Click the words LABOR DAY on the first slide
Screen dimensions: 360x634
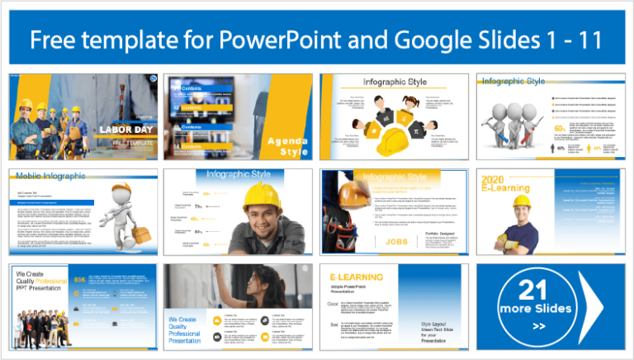pyautogui.click(x=121, y=130)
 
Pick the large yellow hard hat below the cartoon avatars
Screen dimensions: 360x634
pyautogui.click(x=394, y=143)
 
